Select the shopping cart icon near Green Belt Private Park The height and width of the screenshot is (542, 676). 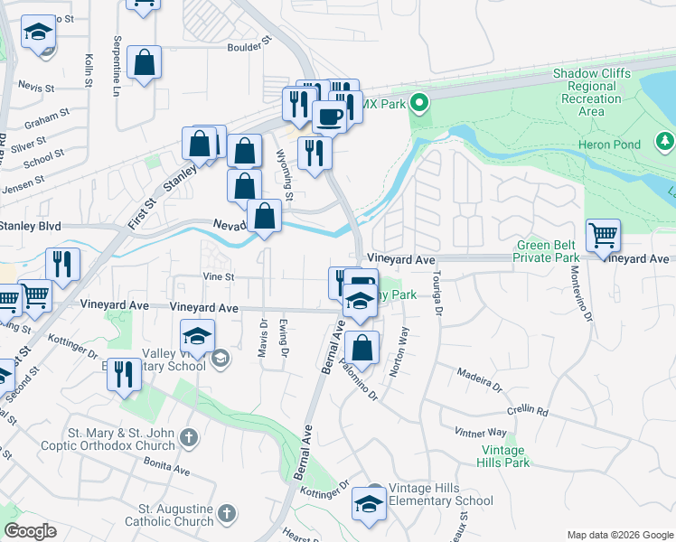603,237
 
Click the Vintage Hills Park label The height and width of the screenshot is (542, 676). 504,456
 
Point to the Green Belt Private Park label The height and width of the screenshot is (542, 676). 546,251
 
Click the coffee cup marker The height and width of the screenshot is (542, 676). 329,117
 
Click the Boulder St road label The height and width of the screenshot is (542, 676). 249,42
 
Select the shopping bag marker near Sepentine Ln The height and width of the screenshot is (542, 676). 144,63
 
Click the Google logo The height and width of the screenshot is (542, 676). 30,531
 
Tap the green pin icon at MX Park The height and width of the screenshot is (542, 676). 418,104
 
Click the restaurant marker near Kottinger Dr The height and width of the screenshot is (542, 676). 124,372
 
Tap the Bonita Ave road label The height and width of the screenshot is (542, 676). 166,466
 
